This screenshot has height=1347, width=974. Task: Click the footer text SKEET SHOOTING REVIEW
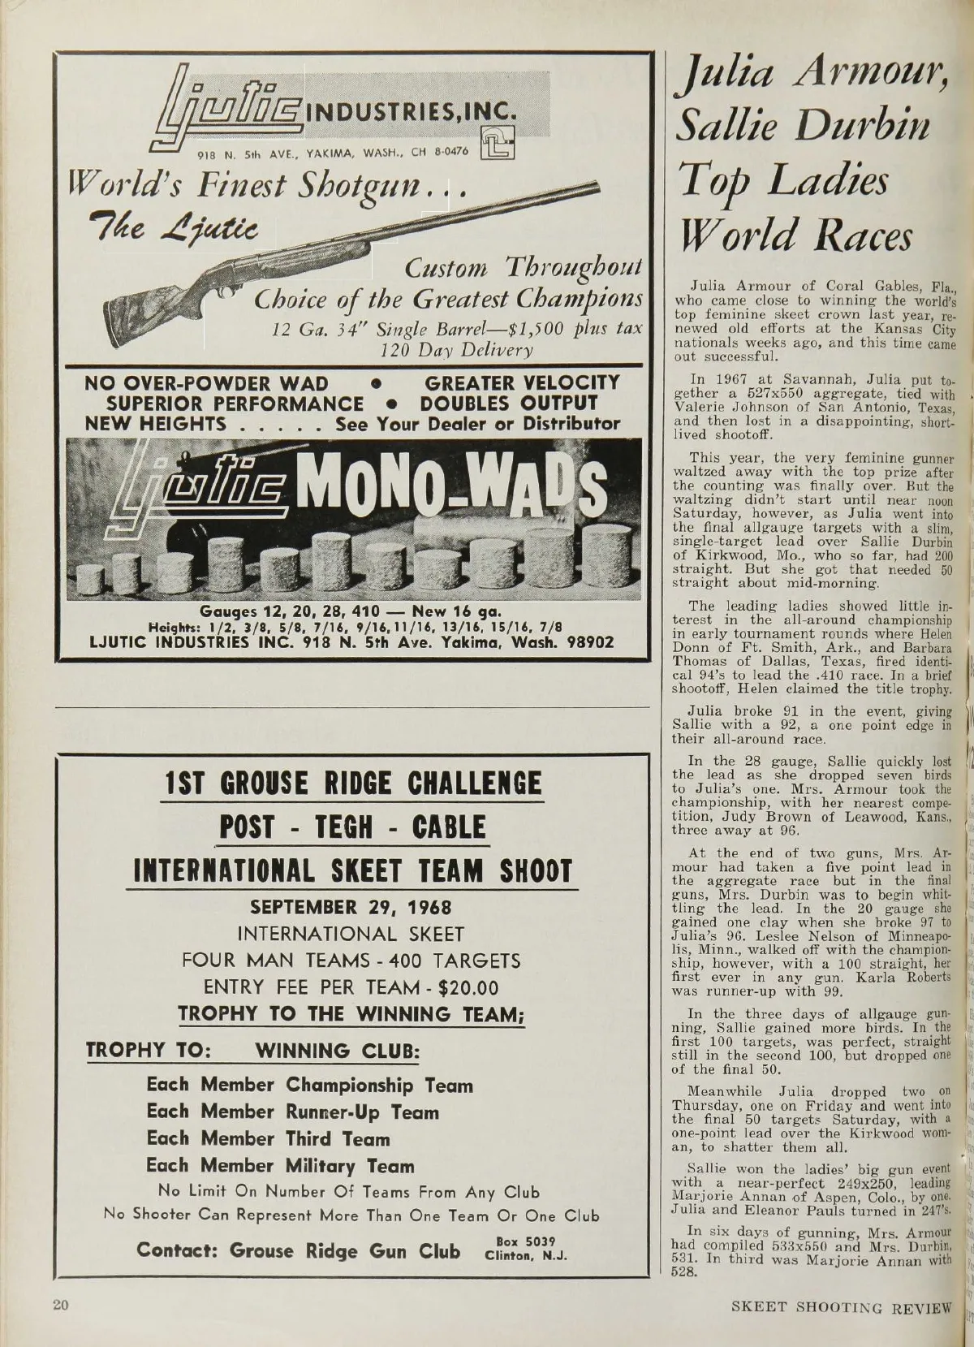point(840,1306)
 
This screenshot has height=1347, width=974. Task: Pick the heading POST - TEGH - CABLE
point(352,828)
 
